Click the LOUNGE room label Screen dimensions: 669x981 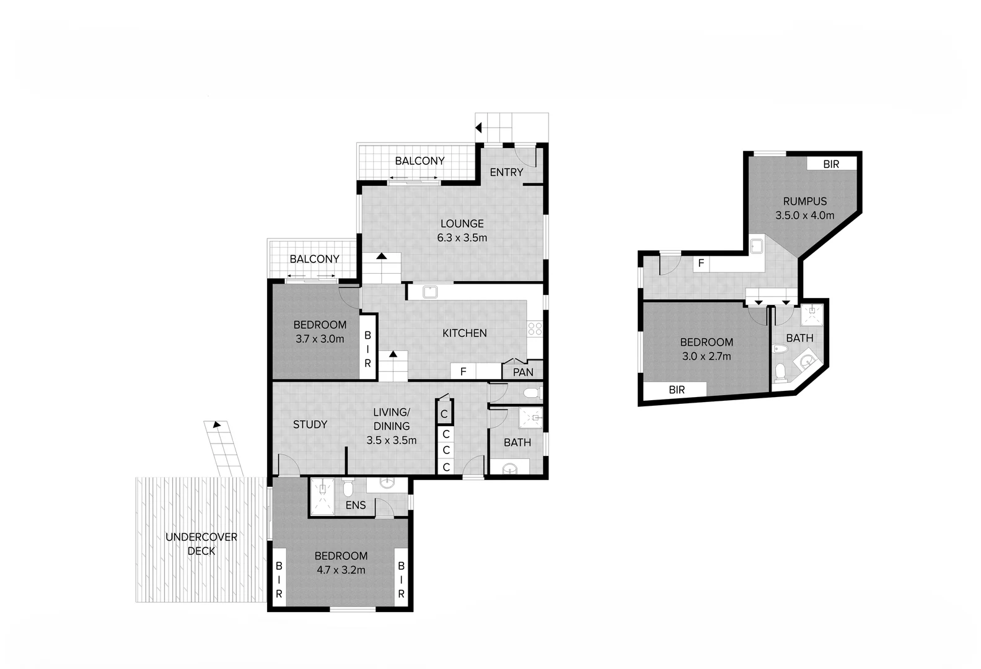462,224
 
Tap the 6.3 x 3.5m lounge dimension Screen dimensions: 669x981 462,238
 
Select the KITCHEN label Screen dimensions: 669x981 464,333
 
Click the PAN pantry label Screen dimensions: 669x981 523,372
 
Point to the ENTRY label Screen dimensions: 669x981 506,172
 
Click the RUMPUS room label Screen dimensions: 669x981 804,201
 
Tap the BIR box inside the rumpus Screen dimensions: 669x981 831,164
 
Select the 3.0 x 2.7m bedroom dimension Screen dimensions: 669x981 706,356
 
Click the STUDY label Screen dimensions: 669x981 310,424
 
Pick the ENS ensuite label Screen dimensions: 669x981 356,505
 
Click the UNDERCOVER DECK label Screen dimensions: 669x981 201,544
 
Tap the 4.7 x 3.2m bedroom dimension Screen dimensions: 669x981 341,570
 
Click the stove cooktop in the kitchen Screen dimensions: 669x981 535,329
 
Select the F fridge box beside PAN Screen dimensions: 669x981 463,372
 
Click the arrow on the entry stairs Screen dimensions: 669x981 478,128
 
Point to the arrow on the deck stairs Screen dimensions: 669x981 216,425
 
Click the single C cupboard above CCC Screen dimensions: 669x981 444,414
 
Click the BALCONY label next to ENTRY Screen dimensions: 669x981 420,161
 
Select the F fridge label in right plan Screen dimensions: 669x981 701,263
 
